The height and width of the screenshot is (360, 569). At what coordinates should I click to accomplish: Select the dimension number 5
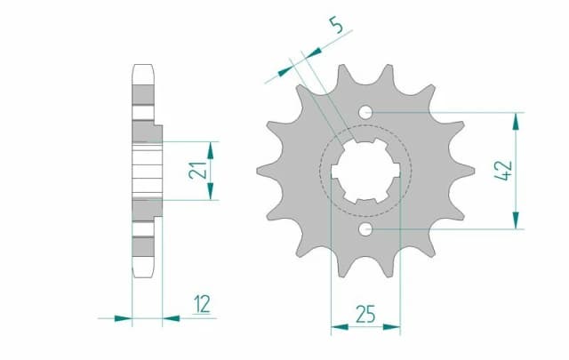point(335,26)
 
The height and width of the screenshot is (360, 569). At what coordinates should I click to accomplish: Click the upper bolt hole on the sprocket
point(365,112)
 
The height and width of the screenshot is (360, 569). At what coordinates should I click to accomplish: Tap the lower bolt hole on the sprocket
point(365,230)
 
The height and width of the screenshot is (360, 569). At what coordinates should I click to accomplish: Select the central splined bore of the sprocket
point(365,171)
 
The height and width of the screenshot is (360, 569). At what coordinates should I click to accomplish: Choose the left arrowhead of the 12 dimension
point(125,316)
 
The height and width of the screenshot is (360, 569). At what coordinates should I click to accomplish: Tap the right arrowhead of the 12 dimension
point(169,316)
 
